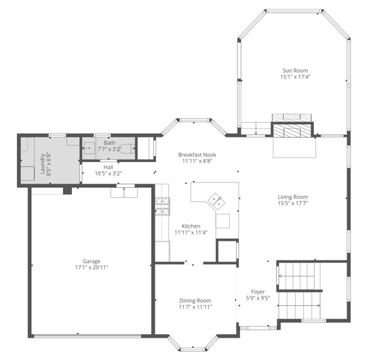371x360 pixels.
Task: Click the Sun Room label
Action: pos(295,71)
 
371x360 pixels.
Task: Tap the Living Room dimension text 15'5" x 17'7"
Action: pos(293,203)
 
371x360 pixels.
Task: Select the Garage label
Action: pos(92,262)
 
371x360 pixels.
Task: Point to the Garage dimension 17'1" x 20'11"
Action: pos(92,268)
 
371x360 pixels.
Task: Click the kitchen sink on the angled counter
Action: pos(216,201)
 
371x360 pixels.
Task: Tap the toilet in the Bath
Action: pos(127,148)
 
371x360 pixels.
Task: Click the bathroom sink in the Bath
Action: pos(90,148)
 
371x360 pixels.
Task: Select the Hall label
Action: pos(108,167)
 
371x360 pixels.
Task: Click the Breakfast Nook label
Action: pos(197,155)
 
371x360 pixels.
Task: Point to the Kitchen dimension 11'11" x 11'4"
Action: pos(191,233)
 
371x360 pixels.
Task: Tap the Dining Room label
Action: pos(195,300)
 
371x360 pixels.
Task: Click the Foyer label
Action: pos(258,292)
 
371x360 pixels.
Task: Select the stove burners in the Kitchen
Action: pos(163,207)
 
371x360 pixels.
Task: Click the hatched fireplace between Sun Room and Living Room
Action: pos(292,129)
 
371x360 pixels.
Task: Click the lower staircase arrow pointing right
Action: pos(299,306)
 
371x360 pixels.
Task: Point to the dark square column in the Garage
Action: pos(67,191)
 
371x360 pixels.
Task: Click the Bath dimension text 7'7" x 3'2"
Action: pos(110,149)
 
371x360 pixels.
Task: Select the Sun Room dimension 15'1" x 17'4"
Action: pos(295,77)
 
